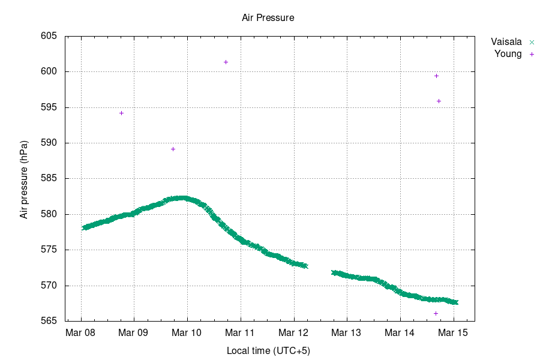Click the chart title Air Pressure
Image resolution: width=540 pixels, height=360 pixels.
268,18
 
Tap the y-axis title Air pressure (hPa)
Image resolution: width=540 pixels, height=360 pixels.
24,179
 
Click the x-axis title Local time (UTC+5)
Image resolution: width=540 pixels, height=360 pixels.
268,350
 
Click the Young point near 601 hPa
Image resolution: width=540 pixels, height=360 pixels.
226,62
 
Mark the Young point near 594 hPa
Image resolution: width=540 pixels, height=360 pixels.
121,113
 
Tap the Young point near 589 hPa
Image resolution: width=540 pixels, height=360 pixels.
173,149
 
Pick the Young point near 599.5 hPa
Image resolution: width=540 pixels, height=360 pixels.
436,76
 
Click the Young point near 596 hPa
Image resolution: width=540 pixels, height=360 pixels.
439,101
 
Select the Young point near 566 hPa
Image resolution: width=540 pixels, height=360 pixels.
436,313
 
